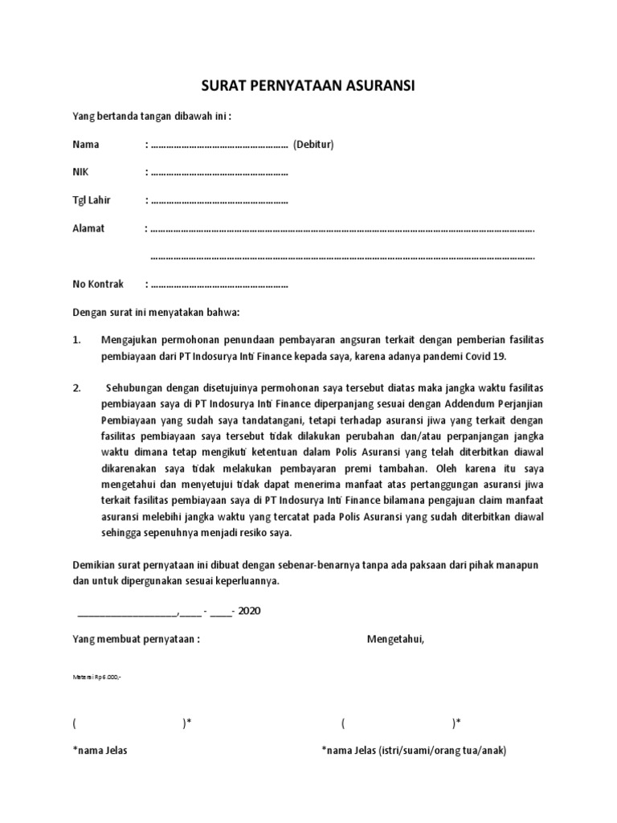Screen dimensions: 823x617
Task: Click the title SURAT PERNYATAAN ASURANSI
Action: pos(308,86)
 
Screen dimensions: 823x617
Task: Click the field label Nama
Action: pos(86,145)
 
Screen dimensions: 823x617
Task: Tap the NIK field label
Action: pos(81,172)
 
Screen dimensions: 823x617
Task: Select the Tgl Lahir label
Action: pos(92,200)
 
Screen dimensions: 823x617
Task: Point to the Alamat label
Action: pos(88,228)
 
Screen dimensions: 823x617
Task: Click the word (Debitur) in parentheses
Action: pos(313,145)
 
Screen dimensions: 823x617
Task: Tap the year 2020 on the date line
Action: pos(249,611)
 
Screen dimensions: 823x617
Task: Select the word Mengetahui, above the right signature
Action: pos(396,639)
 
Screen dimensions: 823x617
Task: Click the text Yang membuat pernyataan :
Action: pos(137,639)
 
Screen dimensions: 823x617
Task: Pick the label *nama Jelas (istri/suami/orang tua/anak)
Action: pos(414,751)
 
